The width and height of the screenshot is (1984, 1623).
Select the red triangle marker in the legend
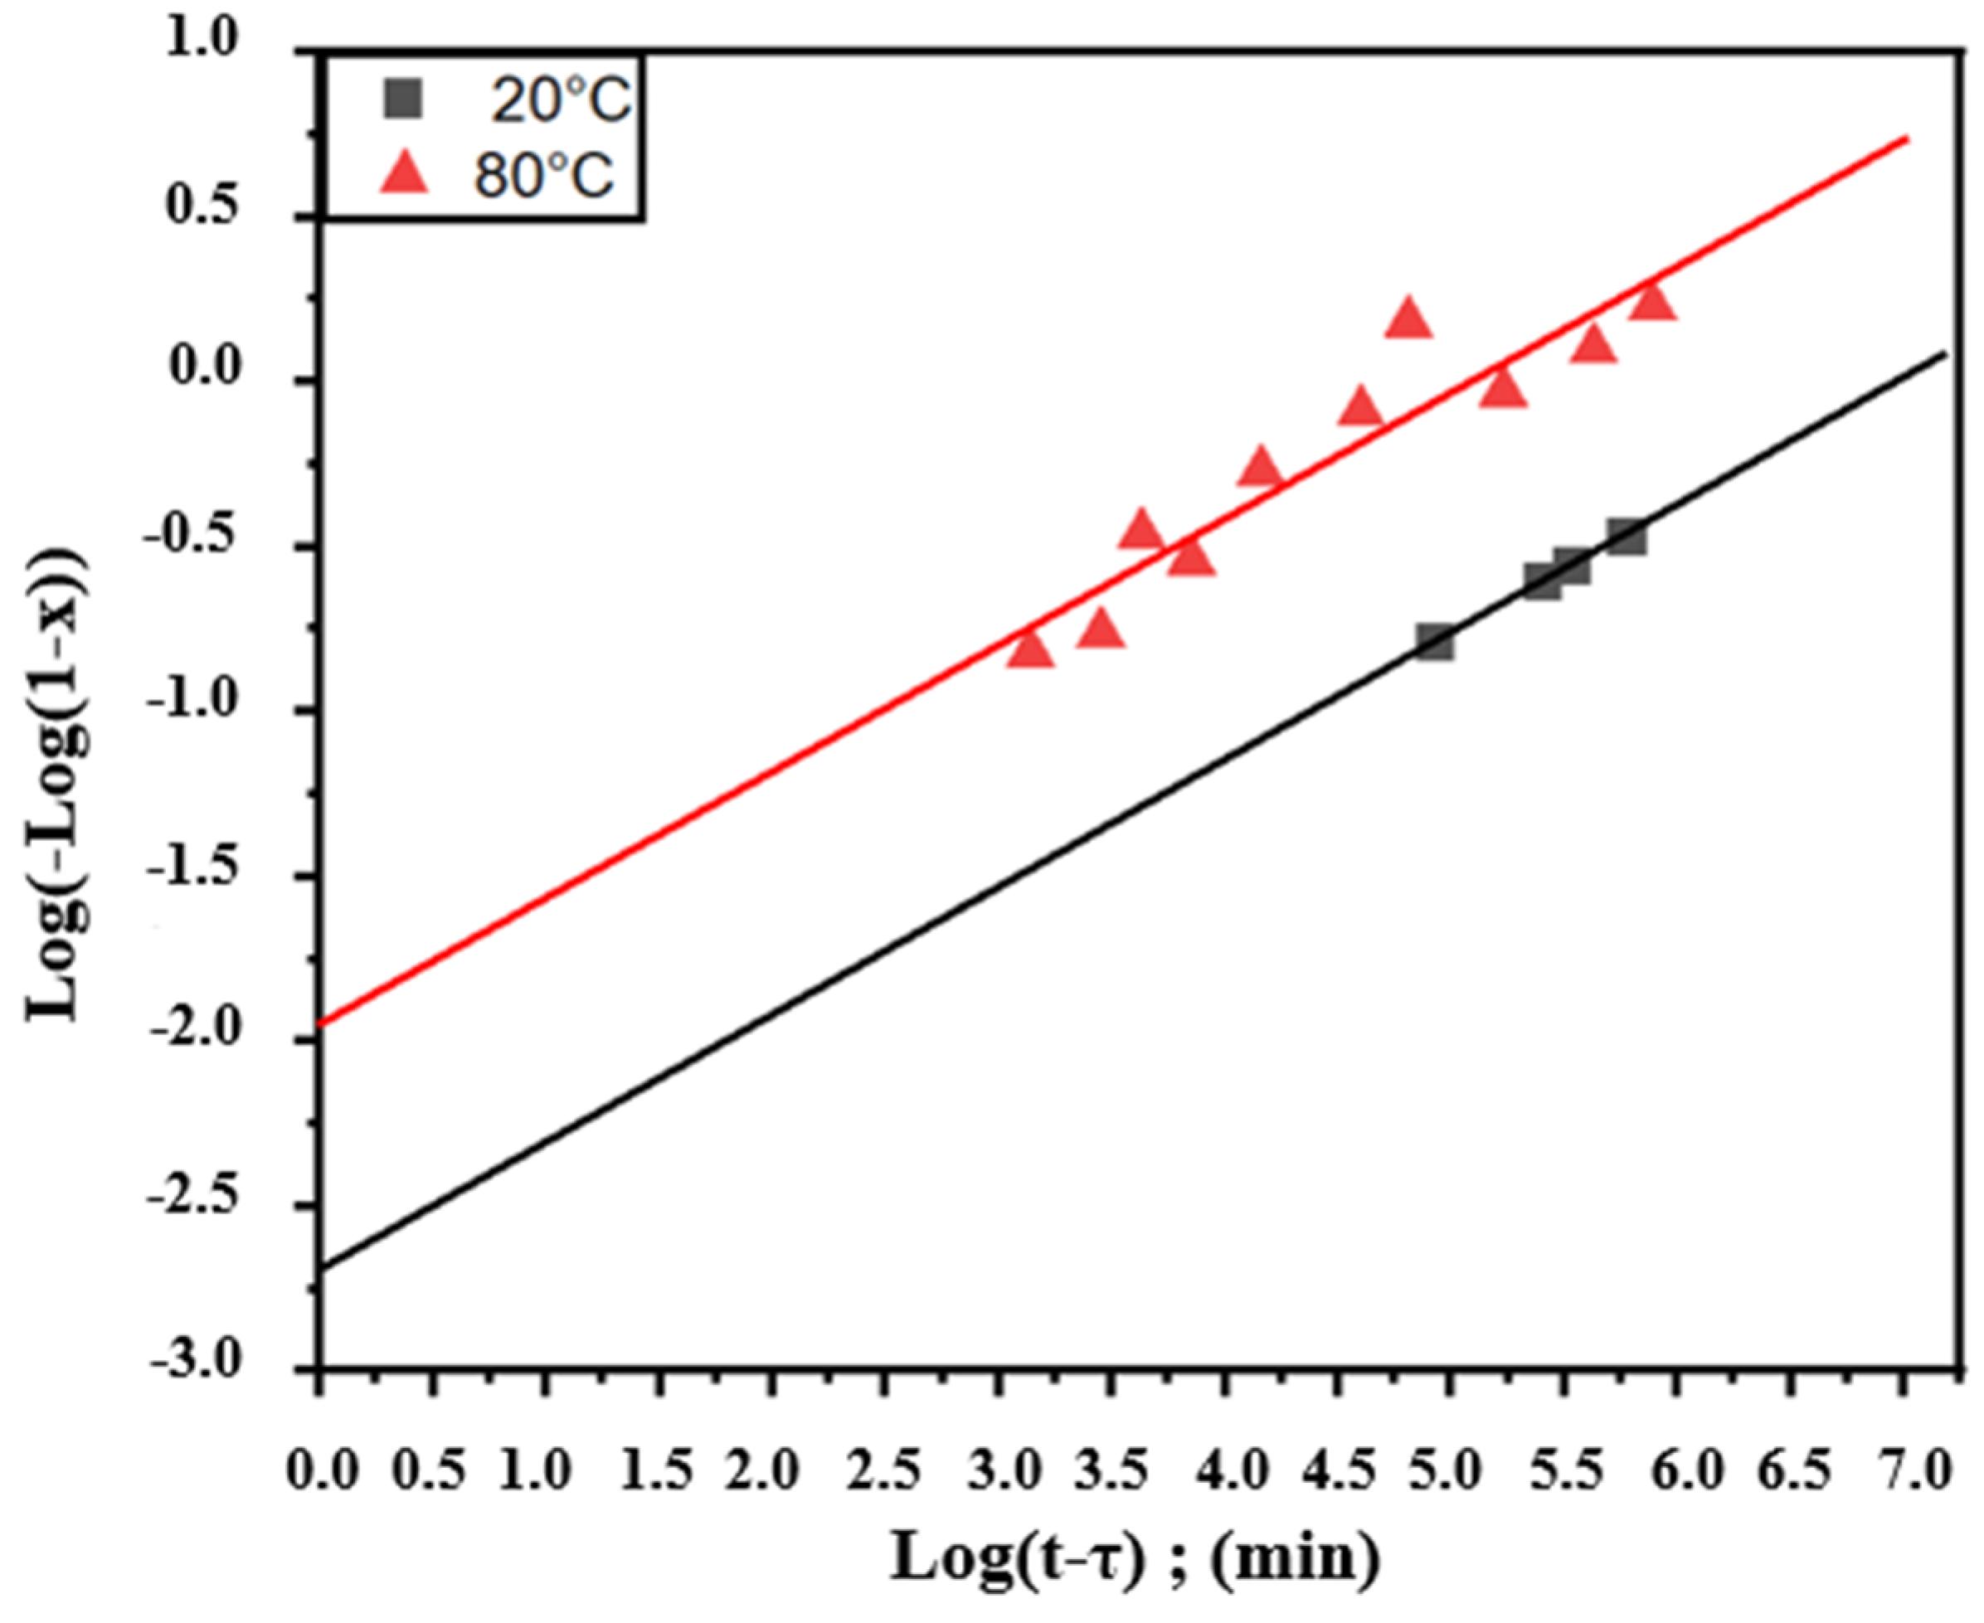[x=404, y=174]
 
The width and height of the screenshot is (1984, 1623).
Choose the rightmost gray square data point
[x=1627, y=537]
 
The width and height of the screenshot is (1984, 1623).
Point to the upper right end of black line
[x=1945, y=353]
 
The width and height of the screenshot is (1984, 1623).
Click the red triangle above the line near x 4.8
[x=1409, y=318]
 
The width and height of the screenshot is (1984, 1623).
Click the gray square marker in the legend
[x=403, y=99]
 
